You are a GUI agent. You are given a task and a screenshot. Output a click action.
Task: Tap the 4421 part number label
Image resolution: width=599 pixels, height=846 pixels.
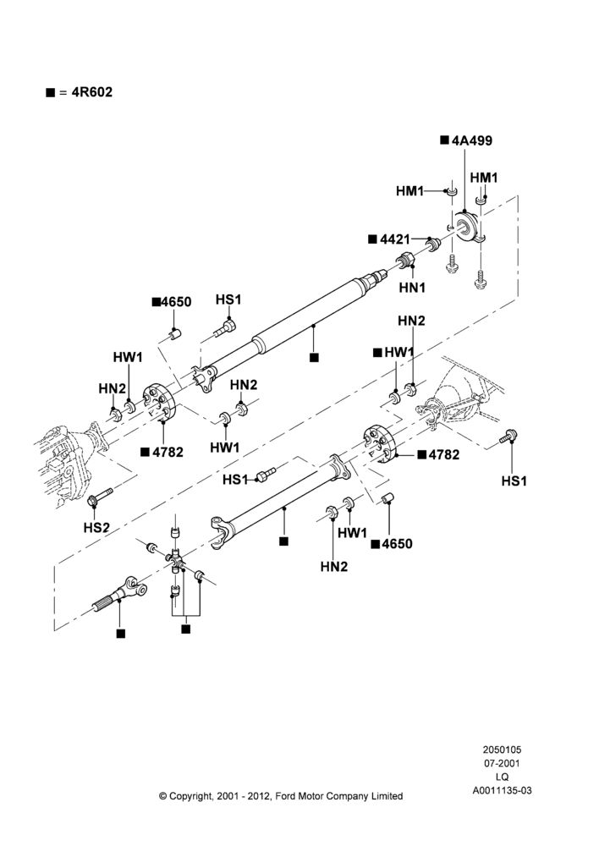(395, 239)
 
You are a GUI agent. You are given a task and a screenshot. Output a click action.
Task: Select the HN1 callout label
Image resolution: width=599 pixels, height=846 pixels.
(412, 288)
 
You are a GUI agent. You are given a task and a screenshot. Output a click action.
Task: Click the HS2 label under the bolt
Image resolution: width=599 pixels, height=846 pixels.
(96, 527)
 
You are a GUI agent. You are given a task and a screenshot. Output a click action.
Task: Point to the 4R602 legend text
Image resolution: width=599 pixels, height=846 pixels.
(91, 91)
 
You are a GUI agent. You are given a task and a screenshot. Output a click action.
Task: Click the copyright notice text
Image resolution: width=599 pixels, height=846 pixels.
(281, 796)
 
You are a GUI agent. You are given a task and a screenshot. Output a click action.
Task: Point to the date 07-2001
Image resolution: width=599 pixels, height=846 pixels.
(502, 763)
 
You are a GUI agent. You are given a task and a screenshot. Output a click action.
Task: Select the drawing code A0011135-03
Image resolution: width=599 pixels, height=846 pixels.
(502, 790)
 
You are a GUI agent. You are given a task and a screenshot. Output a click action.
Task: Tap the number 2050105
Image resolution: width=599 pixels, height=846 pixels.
(502, 750)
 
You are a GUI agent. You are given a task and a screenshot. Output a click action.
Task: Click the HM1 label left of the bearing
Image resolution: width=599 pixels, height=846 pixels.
(409, 190)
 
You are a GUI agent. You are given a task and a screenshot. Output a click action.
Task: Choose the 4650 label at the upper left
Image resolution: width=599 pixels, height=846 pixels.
(176, 302)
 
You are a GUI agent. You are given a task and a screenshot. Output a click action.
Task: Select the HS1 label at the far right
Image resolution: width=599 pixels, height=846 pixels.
(514, 481)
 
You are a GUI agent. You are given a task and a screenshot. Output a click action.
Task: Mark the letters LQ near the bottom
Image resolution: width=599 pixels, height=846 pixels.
(502, 777)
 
